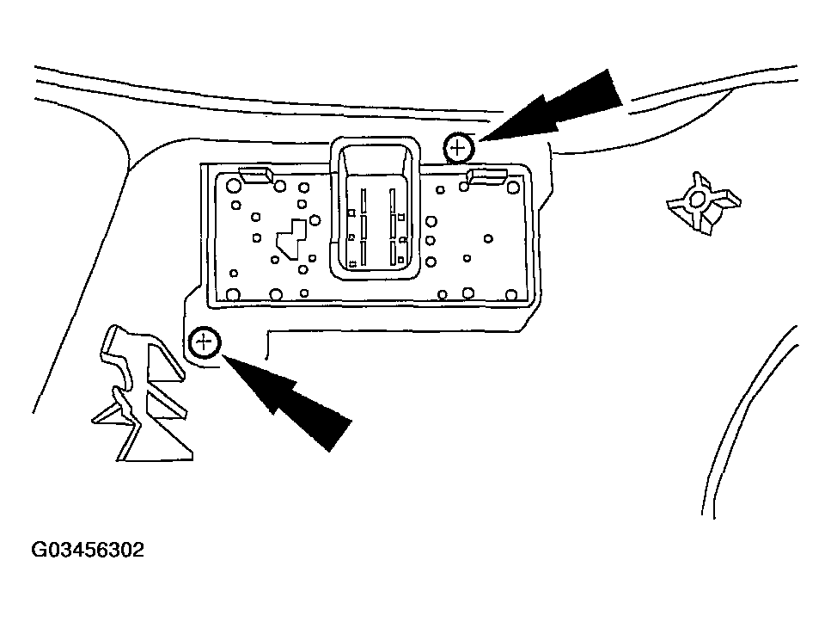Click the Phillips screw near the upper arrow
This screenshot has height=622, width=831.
tap(458, 148)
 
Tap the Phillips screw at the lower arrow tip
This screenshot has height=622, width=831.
tap(205, 343)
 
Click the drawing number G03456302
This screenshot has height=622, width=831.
tap(88, 550)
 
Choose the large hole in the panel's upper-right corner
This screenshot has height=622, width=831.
tap(513, 187)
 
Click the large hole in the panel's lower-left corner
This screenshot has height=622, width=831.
tap(232, 294)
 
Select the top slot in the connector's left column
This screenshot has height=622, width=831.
tap(364, 200)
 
